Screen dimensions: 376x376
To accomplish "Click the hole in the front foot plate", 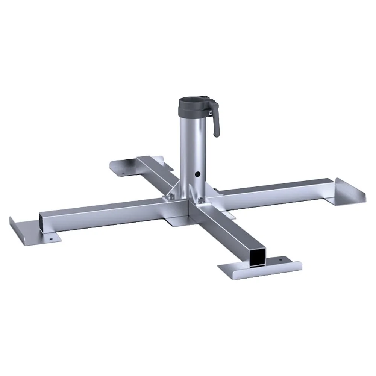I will pyautogui.click(x=280, y=259).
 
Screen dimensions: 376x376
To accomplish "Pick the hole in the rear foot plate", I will pyautogui.click(x=123, y=174).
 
